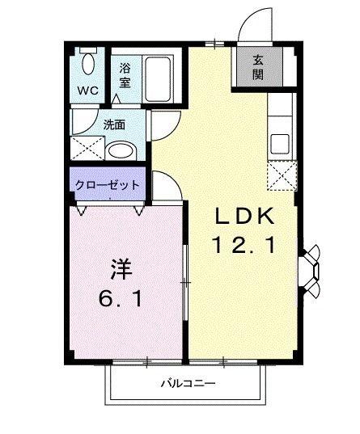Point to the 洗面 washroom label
[114, 125]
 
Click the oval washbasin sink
[121, 150]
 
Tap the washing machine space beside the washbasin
[86, 148]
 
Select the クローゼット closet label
[108, 185]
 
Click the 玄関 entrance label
[257, 68]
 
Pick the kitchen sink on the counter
[280, 143]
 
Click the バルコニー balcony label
[188, 382]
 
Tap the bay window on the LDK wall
[311, 268]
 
